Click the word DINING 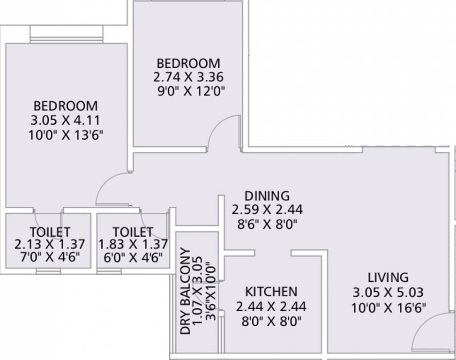coord(267,195)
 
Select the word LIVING coord(388,277)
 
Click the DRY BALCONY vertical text coord(186,295)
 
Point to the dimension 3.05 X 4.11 coord(65,120)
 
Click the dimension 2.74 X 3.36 coord(188,77)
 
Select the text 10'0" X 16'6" coord(388,308)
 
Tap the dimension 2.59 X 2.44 coord(267,209)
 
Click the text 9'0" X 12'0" coord(188,91)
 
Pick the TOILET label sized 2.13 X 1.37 coord(50,232)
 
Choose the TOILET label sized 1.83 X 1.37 coord(133,232)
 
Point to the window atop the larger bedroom coord(66,34)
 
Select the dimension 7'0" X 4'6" coord(50,257)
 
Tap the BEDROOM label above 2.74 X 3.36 coord(188,63)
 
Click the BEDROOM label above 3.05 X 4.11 coord(65,106)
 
